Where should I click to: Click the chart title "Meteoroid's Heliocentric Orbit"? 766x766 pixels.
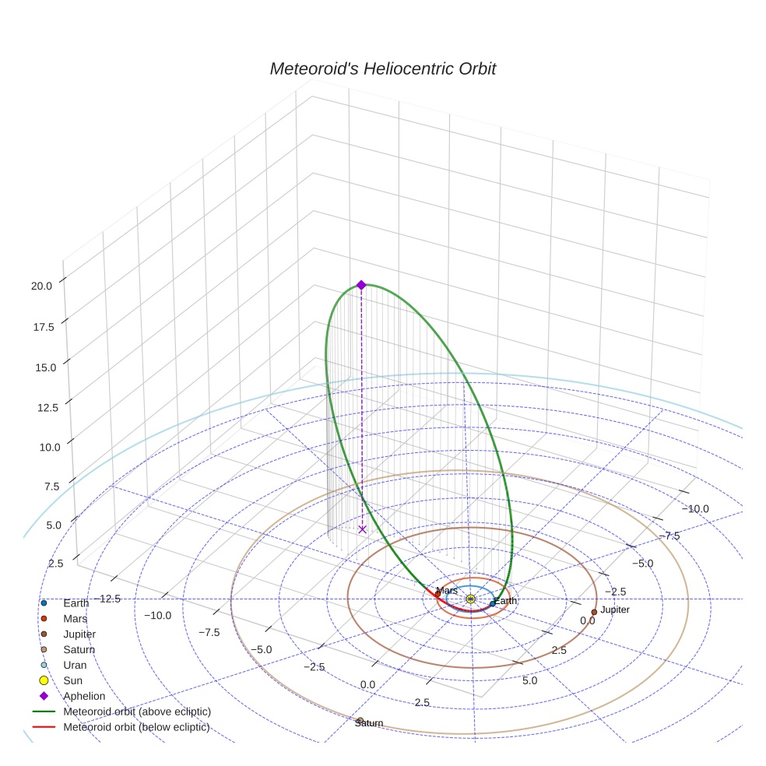[382, 69]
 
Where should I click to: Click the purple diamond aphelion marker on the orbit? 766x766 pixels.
[361, 285]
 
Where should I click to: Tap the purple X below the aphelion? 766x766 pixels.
[362, 529]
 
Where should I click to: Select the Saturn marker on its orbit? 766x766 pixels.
[360, 720]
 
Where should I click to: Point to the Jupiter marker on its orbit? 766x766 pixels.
[594, 612]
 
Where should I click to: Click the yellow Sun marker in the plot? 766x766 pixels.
[471, 599]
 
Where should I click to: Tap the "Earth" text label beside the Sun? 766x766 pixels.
[505, 601]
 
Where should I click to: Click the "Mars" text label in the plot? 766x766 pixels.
[447, 591]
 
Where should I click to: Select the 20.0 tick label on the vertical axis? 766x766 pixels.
[42, 286]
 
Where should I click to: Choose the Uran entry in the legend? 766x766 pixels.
[75, 666]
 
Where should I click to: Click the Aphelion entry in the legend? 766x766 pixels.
[83, 696]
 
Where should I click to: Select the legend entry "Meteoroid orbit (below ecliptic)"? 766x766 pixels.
[136, 727]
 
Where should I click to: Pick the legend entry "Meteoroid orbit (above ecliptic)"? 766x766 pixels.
[136, 712]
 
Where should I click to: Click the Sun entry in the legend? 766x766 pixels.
[72, 681]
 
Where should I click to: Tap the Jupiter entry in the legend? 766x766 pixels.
[79, 634]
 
